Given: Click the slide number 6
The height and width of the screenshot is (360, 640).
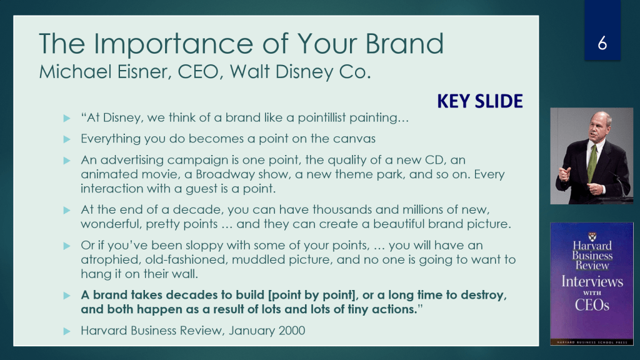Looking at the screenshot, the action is point(602,43).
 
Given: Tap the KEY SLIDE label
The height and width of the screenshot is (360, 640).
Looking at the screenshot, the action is point(480,101).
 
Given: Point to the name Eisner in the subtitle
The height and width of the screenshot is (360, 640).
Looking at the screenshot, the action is point(142,71).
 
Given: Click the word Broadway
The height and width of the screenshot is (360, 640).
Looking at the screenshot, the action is point(221,174).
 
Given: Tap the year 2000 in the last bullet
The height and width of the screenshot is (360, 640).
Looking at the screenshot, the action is point(291,330).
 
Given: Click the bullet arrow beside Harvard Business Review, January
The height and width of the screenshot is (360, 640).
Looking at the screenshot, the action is point(67,331).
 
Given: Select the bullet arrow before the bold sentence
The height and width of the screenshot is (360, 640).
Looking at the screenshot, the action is point(67,296).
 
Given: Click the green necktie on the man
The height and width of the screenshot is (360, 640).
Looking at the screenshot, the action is point(591,162).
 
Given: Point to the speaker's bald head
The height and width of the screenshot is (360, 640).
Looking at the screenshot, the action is point(601,118).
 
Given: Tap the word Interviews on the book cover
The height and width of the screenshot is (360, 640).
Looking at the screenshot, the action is point(592,282).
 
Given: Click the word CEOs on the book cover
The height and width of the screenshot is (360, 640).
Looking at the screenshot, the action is point(592,304).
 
